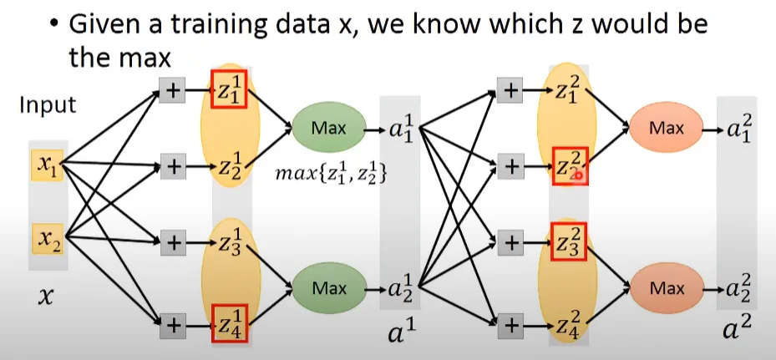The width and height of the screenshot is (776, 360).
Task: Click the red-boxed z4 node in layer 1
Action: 228,322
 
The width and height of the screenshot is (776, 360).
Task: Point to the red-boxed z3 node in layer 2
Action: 568,244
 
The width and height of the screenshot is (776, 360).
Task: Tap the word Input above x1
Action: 48,106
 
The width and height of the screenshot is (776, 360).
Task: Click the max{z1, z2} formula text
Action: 331,176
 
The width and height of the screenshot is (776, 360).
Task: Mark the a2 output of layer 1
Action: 400,289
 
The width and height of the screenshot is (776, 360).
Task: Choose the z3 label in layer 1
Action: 227,244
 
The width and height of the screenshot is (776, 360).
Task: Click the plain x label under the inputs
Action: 47,294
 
